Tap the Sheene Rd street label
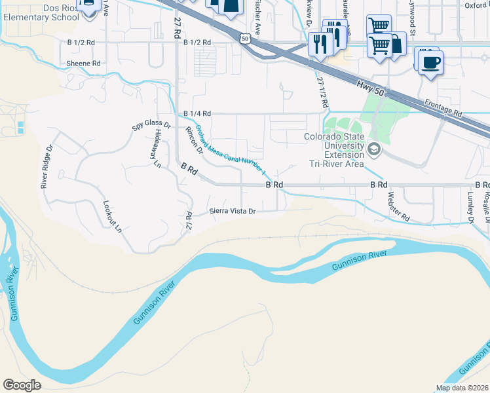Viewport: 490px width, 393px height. pyautogui.click(x=83, y=64)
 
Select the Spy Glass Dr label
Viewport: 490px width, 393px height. pyautogui.click(x=151, y=124)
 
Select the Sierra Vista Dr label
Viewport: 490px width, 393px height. pyautogui.click(x=231, y=211)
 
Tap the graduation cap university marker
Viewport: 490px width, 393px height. pyautogui.click(x=374, y=150)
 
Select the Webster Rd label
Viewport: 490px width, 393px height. pyautogui.click(x=398, y=206)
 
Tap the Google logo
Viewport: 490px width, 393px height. pyautogui.click(x=22, y=384)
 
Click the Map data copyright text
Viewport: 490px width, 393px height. pyautogui.click(x=462, y=388)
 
